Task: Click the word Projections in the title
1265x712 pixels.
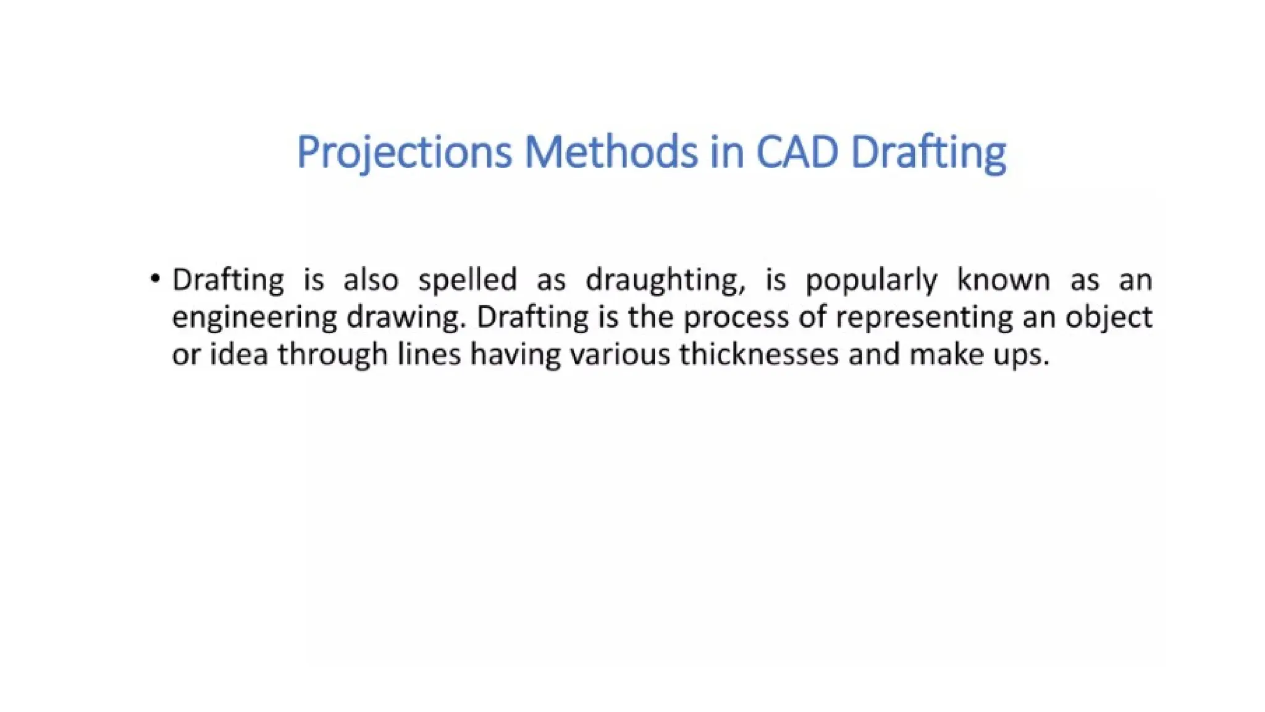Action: coord(404,152)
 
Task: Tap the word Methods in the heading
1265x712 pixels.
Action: coord(610,152)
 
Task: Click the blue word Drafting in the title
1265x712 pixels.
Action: coord(928,152)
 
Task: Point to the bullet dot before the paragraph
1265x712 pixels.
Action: coord(155,279)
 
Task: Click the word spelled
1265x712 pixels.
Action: coord(468,281)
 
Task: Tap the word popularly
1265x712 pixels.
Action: coord(871,281)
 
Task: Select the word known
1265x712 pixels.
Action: coord(1003,279)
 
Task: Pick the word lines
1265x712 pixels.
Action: coord(429,355)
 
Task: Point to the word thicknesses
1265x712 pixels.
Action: coord(759,355)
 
